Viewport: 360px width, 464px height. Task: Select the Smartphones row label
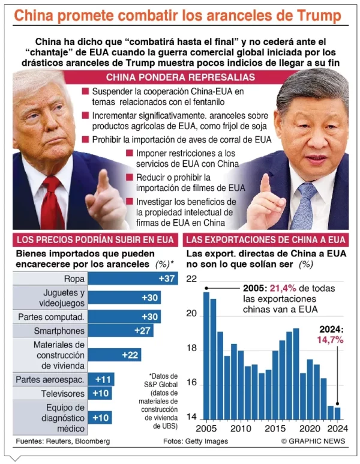click(59, 330)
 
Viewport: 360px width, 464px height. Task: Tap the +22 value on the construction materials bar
click(130, 355)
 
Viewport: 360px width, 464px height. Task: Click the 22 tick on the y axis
click(191, 279)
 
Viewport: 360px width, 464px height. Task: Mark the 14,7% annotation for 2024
click(330, 339)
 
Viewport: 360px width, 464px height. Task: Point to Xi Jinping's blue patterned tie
click(303, 207)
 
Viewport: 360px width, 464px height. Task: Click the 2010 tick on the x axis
click(241, 430)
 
